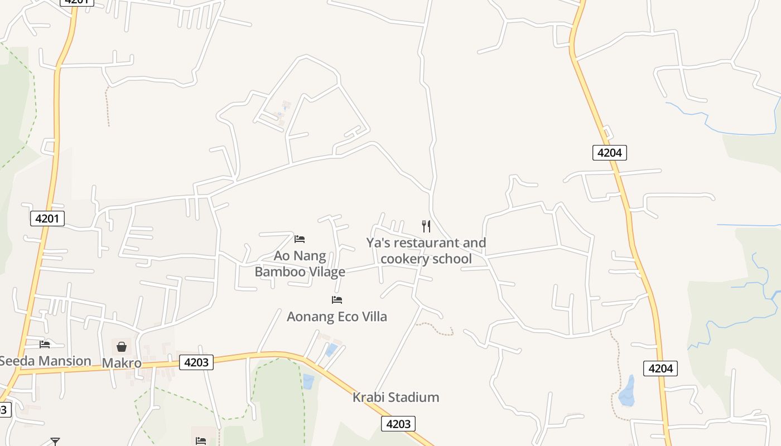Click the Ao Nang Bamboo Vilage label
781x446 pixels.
coord(300,264)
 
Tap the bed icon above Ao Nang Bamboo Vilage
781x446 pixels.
coord(300,239)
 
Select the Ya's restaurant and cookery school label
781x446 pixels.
coord(426,251)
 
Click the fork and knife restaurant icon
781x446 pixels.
coord(426,226)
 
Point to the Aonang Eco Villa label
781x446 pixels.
coord(336,317)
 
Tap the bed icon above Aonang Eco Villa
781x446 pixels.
coord(336,299)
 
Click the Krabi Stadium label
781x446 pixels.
coord(396,397)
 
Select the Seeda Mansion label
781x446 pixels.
coord(45,361)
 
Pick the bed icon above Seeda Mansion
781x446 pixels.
coord(45,344)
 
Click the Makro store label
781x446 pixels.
coord(121,363)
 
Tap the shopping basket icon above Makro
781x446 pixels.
coord(121,347)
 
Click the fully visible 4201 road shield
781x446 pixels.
coord(47,219)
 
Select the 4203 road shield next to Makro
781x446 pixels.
coord(196,362)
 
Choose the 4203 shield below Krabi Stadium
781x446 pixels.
coord(398,424)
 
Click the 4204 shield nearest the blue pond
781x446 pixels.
coord(661,368)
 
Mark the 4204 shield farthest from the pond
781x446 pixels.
coord(609,152)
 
